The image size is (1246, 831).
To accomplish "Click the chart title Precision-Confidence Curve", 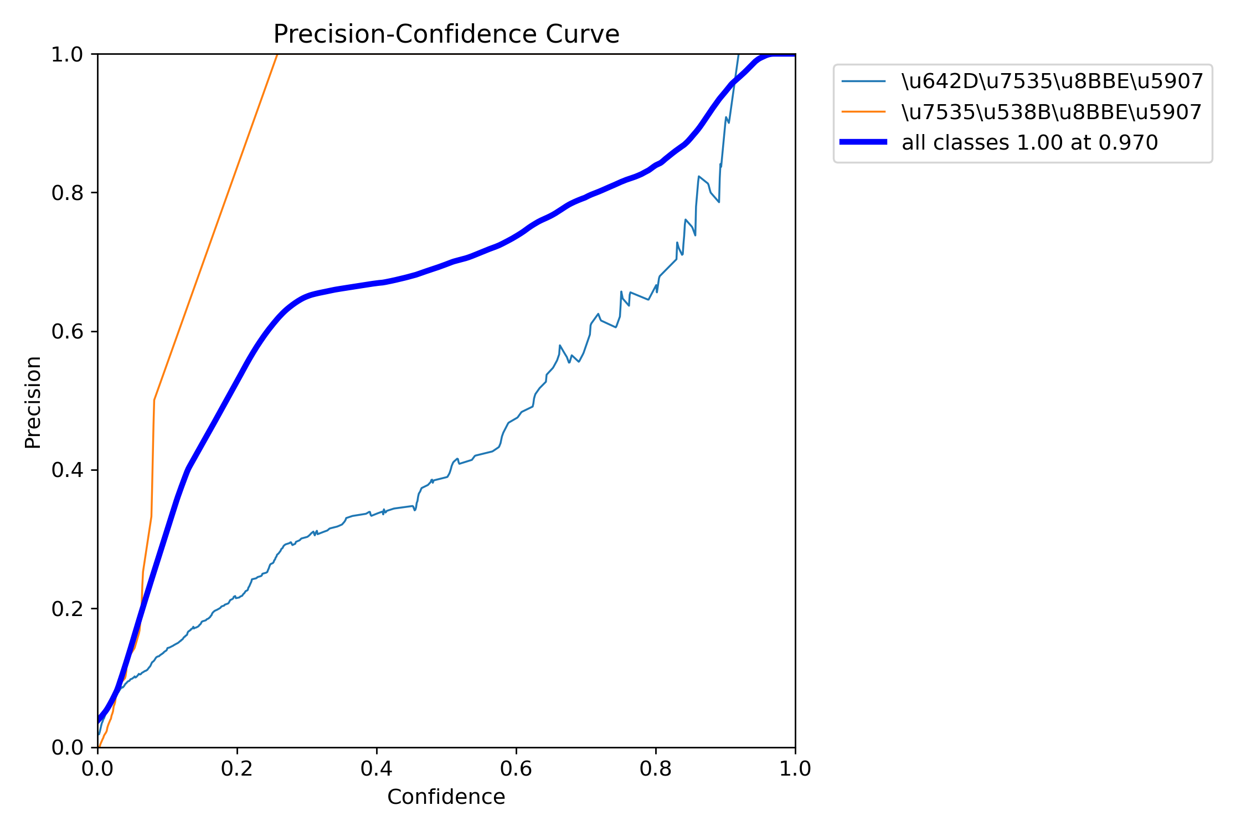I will [x=446, y=34].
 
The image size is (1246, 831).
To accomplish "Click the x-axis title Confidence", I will [x=446, y=797].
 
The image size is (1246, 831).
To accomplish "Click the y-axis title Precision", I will [x=33, y=402].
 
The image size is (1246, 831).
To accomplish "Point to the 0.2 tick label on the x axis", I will [x=237, y=768].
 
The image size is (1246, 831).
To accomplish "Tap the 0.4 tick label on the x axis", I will [x=377, y=768].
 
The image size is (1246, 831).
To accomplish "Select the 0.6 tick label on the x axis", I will [x=516, y=768].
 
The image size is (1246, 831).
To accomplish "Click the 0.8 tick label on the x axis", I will [x=656, y=768].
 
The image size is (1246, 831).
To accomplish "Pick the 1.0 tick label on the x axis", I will [x=795, y=768].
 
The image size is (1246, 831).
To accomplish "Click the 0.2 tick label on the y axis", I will [x=67, y=609].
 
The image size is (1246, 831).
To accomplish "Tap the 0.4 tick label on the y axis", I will [x=67, y=470].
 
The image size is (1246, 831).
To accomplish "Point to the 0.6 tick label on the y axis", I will [x=67, y=332].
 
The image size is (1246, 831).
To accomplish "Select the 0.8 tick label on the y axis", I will [x=67, y=193].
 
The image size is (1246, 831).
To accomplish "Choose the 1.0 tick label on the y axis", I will [x=67, y=54].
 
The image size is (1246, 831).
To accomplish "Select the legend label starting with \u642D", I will [x=1052, y=81].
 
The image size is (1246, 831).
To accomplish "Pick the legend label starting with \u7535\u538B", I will [x=1052, y=112].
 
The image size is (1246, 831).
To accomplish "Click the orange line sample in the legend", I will [x=863, y=112].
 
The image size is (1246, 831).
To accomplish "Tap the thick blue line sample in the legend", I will [x=863, y=142].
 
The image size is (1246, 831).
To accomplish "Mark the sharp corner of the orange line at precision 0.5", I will [x=154, y=399].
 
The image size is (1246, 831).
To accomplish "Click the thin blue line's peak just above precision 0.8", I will [x=699, y=176].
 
